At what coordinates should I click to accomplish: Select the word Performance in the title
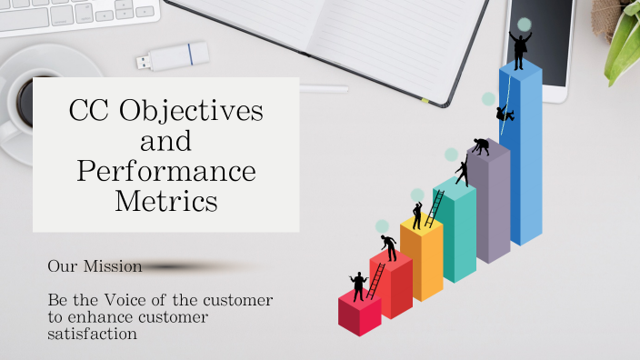tap(166, 171)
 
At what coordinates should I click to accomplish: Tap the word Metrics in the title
tap(166, 200)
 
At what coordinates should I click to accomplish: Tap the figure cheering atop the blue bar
tap(519, 49)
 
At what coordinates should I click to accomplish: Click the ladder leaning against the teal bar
tap(435, 208)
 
